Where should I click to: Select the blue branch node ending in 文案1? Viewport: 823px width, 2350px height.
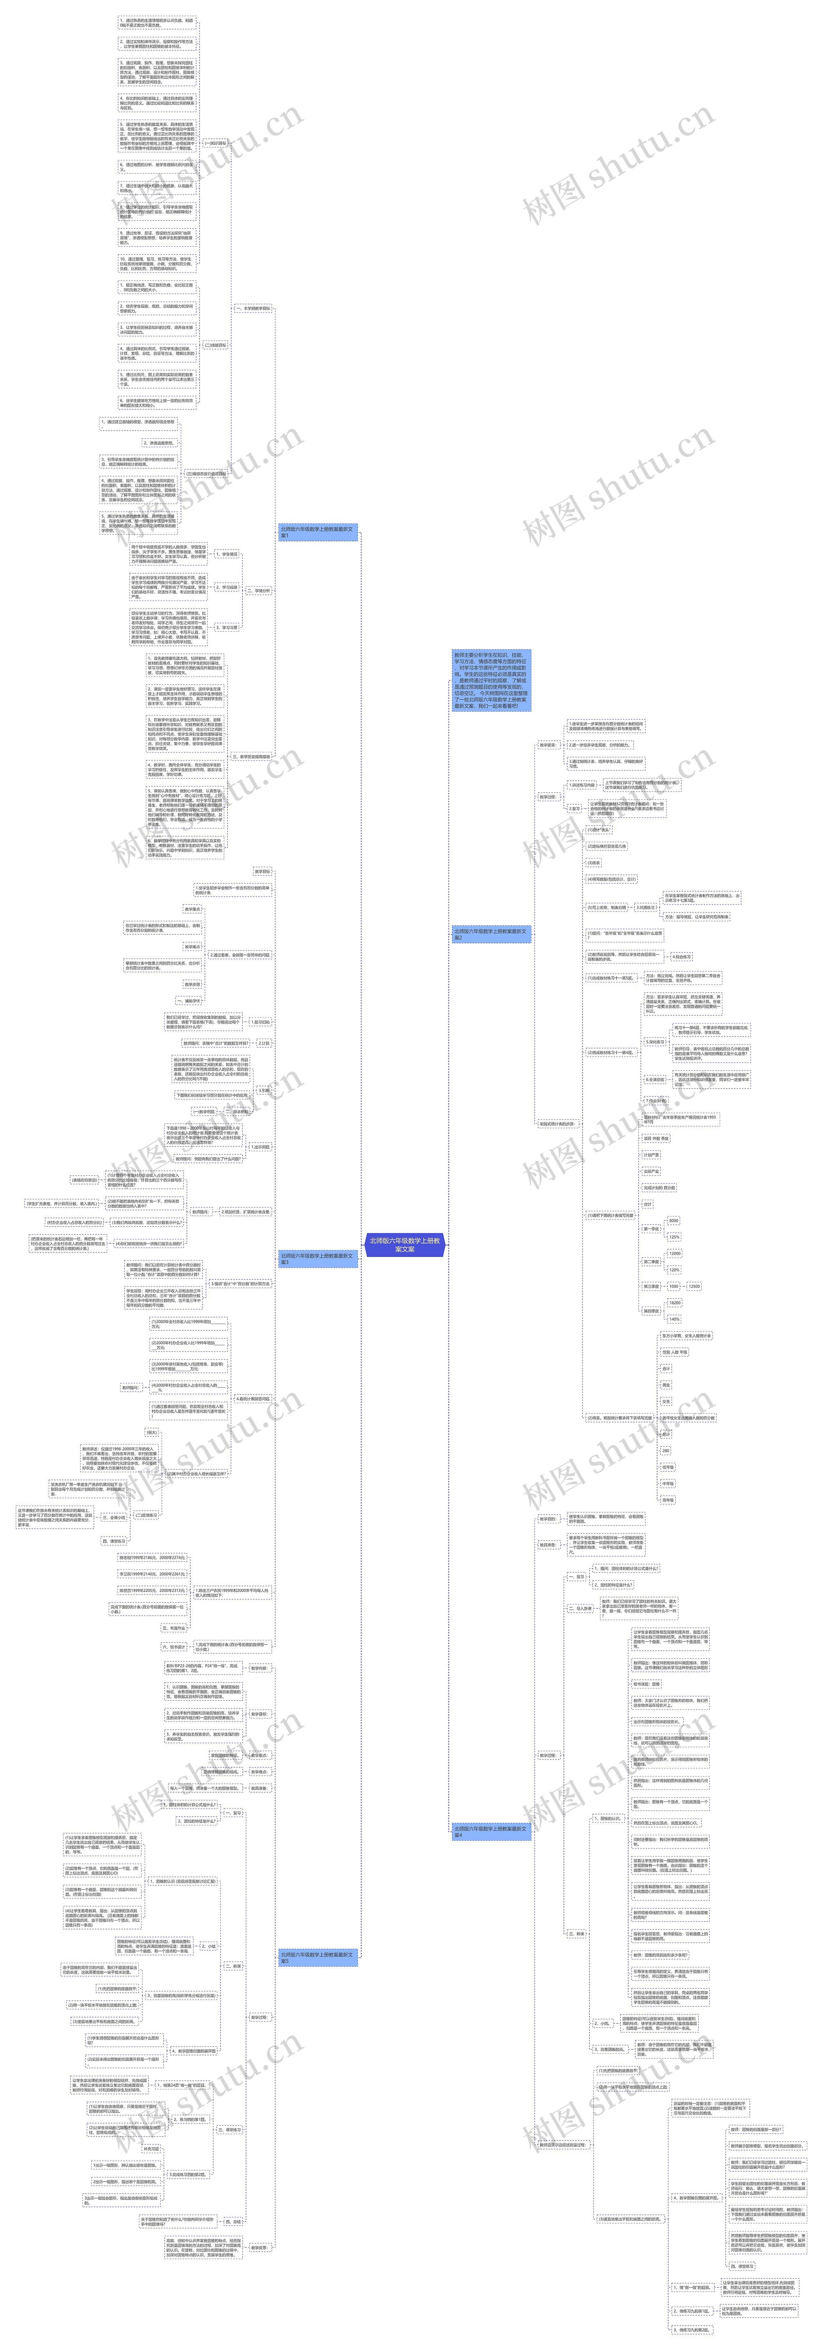(x=317, y=532)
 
